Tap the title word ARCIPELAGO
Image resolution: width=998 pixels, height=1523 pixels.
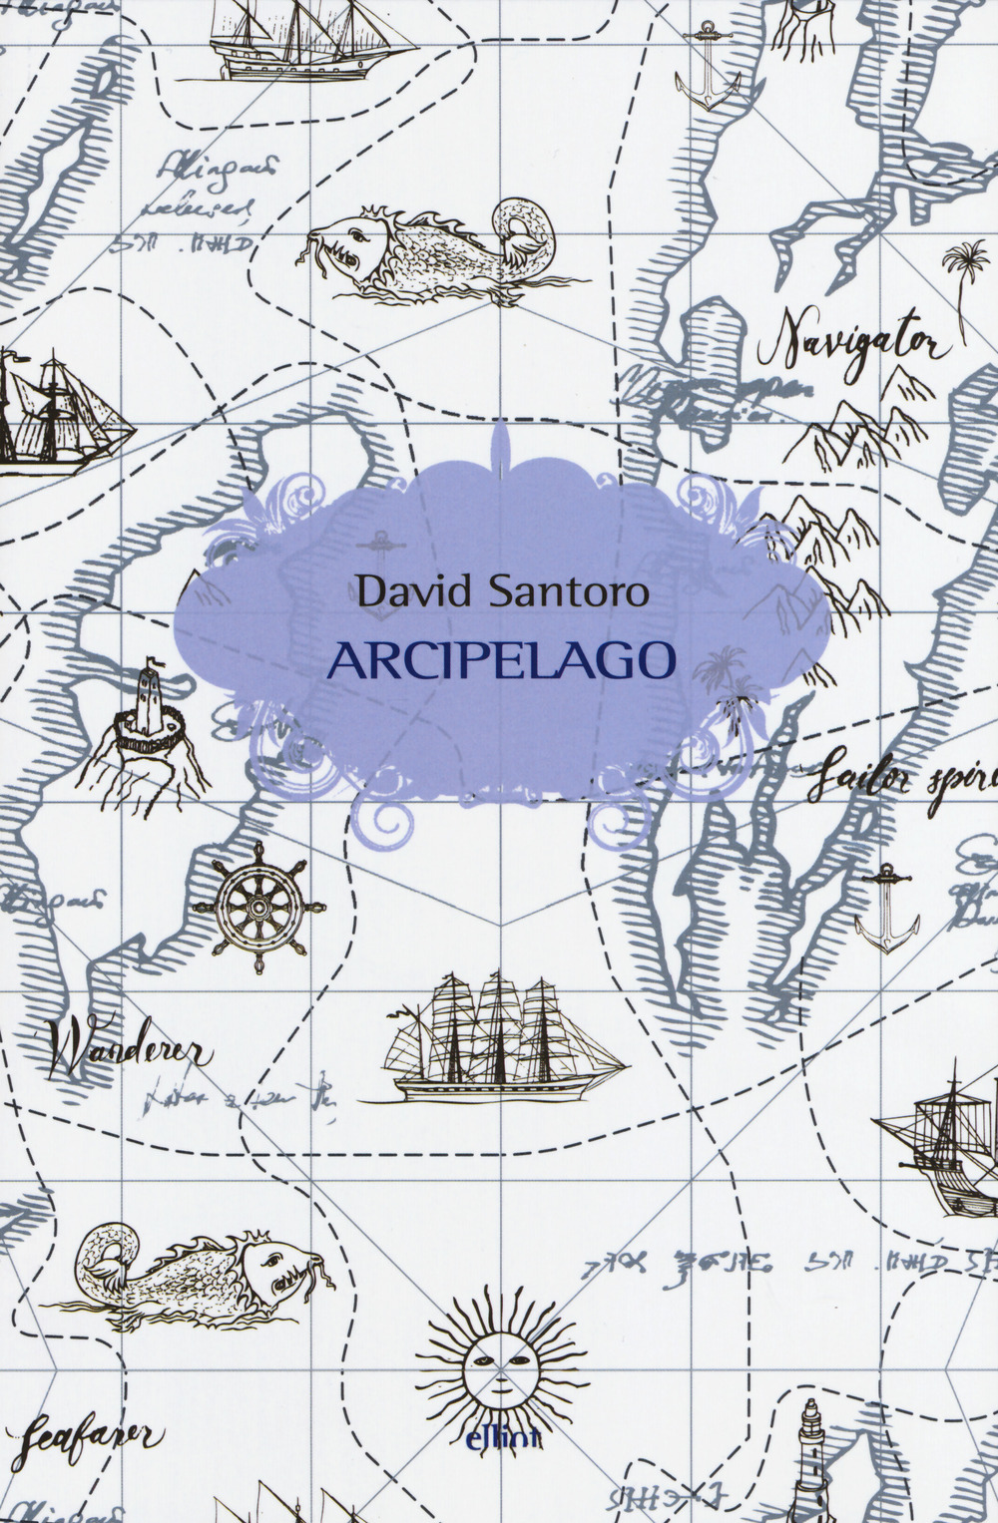(x=494, y=659)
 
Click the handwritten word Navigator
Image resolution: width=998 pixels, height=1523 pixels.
(x=854, y=339)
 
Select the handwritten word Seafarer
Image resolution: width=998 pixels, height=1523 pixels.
(x=90, y=1433)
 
